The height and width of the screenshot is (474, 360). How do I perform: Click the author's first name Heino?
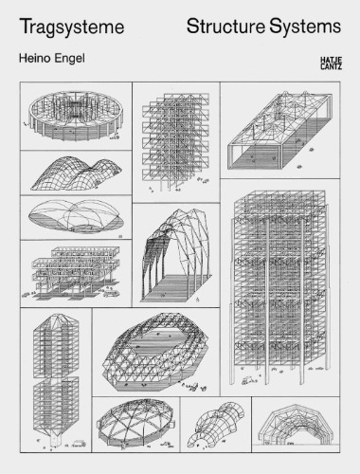35,60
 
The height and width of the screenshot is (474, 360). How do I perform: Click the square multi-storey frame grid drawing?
175,140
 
